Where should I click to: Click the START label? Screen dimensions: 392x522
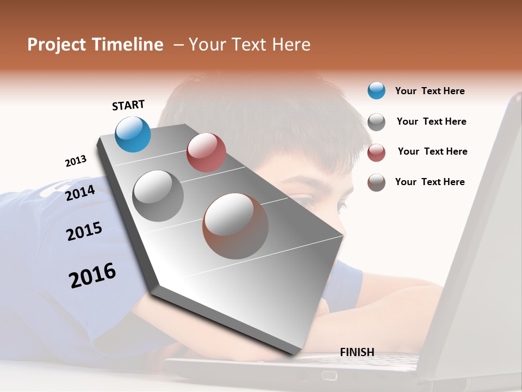click(x=128, y=105)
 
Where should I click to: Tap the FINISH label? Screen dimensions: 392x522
click(x=357, y=352)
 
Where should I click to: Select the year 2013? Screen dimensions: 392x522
click(x=76, y=161)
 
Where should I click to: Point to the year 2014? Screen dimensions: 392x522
click(x=80, y=193)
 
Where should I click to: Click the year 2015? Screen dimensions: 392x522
click(x=84, y=231)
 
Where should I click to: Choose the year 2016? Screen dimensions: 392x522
click(x=92, y=275)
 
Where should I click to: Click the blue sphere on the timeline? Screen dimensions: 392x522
click(x=133, y=134)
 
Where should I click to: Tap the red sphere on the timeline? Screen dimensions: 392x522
click(x=206, y=152)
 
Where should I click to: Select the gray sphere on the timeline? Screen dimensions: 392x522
click(x=158, y=196)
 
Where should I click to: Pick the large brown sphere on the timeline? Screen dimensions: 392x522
click(x=235, y=226)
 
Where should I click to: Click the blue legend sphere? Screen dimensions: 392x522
click(x=376, y=90)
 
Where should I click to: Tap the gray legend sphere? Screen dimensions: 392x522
click(x=376, y=122)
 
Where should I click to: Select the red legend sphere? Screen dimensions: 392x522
click(x=376, y=152)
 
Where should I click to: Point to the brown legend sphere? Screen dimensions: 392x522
click(x=376, y=182)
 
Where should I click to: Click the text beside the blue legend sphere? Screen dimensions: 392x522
click(x=430, y=91)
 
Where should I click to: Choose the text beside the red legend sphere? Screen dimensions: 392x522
click(x=432, y=151)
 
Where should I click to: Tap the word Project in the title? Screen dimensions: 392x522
click(x=56, y=45)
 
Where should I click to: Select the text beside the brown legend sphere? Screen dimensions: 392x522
click(x=430, y=182)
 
